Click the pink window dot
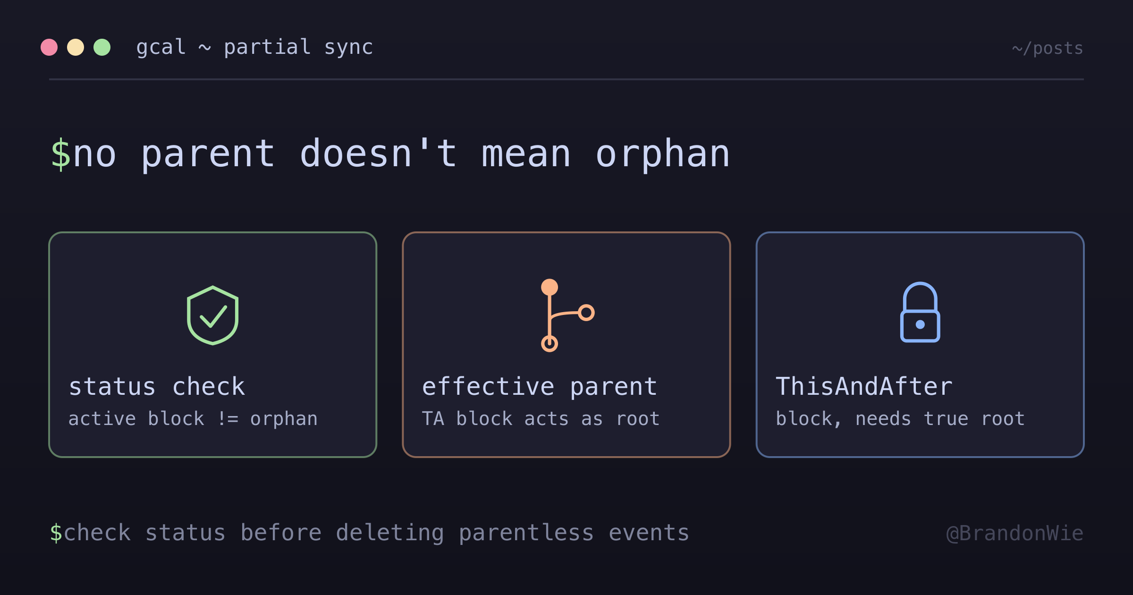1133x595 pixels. point(49,47)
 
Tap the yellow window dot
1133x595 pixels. point(76,47)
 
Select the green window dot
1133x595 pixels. point(102,47)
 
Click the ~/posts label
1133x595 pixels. point(1048,48)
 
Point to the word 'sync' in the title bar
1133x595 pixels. point(348,47)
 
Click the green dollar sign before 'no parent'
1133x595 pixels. point(61,154)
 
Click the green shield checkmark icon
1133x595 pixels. point(213,315)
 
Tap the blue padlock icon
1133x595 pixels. point(920,312)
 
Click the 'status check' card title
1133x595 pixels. point(157,386)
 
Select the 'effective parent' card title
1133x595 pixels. point(540,386)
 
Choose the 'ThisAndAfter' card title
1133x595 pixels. point(864,386)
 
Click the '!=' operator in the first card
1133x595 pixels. point(228,419)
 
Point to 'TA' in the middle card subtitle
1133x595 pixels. point(433,419)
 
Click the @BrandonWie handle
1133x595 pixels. point(1015,533)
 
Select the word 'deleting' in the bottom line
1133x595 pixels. point(390,533)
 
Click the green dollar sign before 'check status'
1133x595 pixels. point(56,533)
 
